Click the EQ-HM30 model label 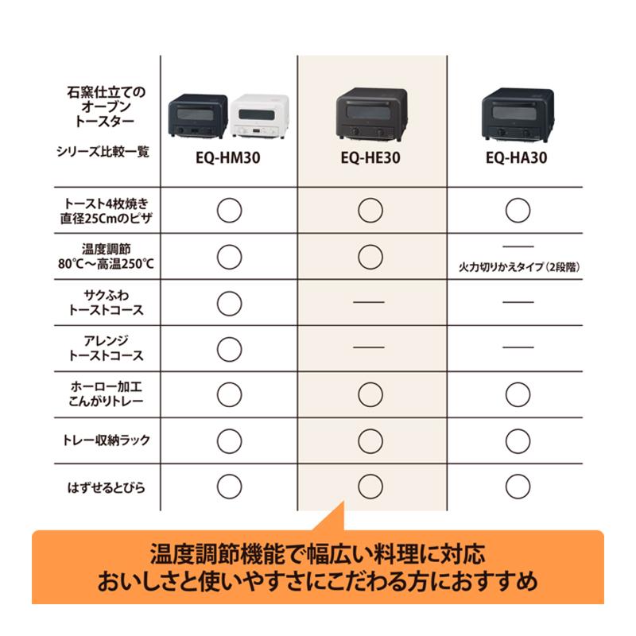click(228, 158)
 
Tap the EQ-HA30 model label click(518, 158)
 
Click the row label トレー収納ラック click(107, 440)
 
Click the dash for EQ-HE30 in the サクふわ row click(368, 302)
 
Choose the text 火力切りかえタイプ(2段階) click(518, 268)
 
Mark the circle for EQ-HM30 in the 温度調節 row click(229, 256)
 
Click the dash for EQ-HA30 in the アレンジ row click(518, 347)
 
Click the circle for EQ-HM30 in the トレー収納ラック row click(229, 440)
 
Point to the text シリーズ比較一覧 click(107, 150)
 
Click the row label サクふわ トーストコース click(107, 301)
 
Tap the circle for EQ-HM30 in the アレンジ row click(229, 347)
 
